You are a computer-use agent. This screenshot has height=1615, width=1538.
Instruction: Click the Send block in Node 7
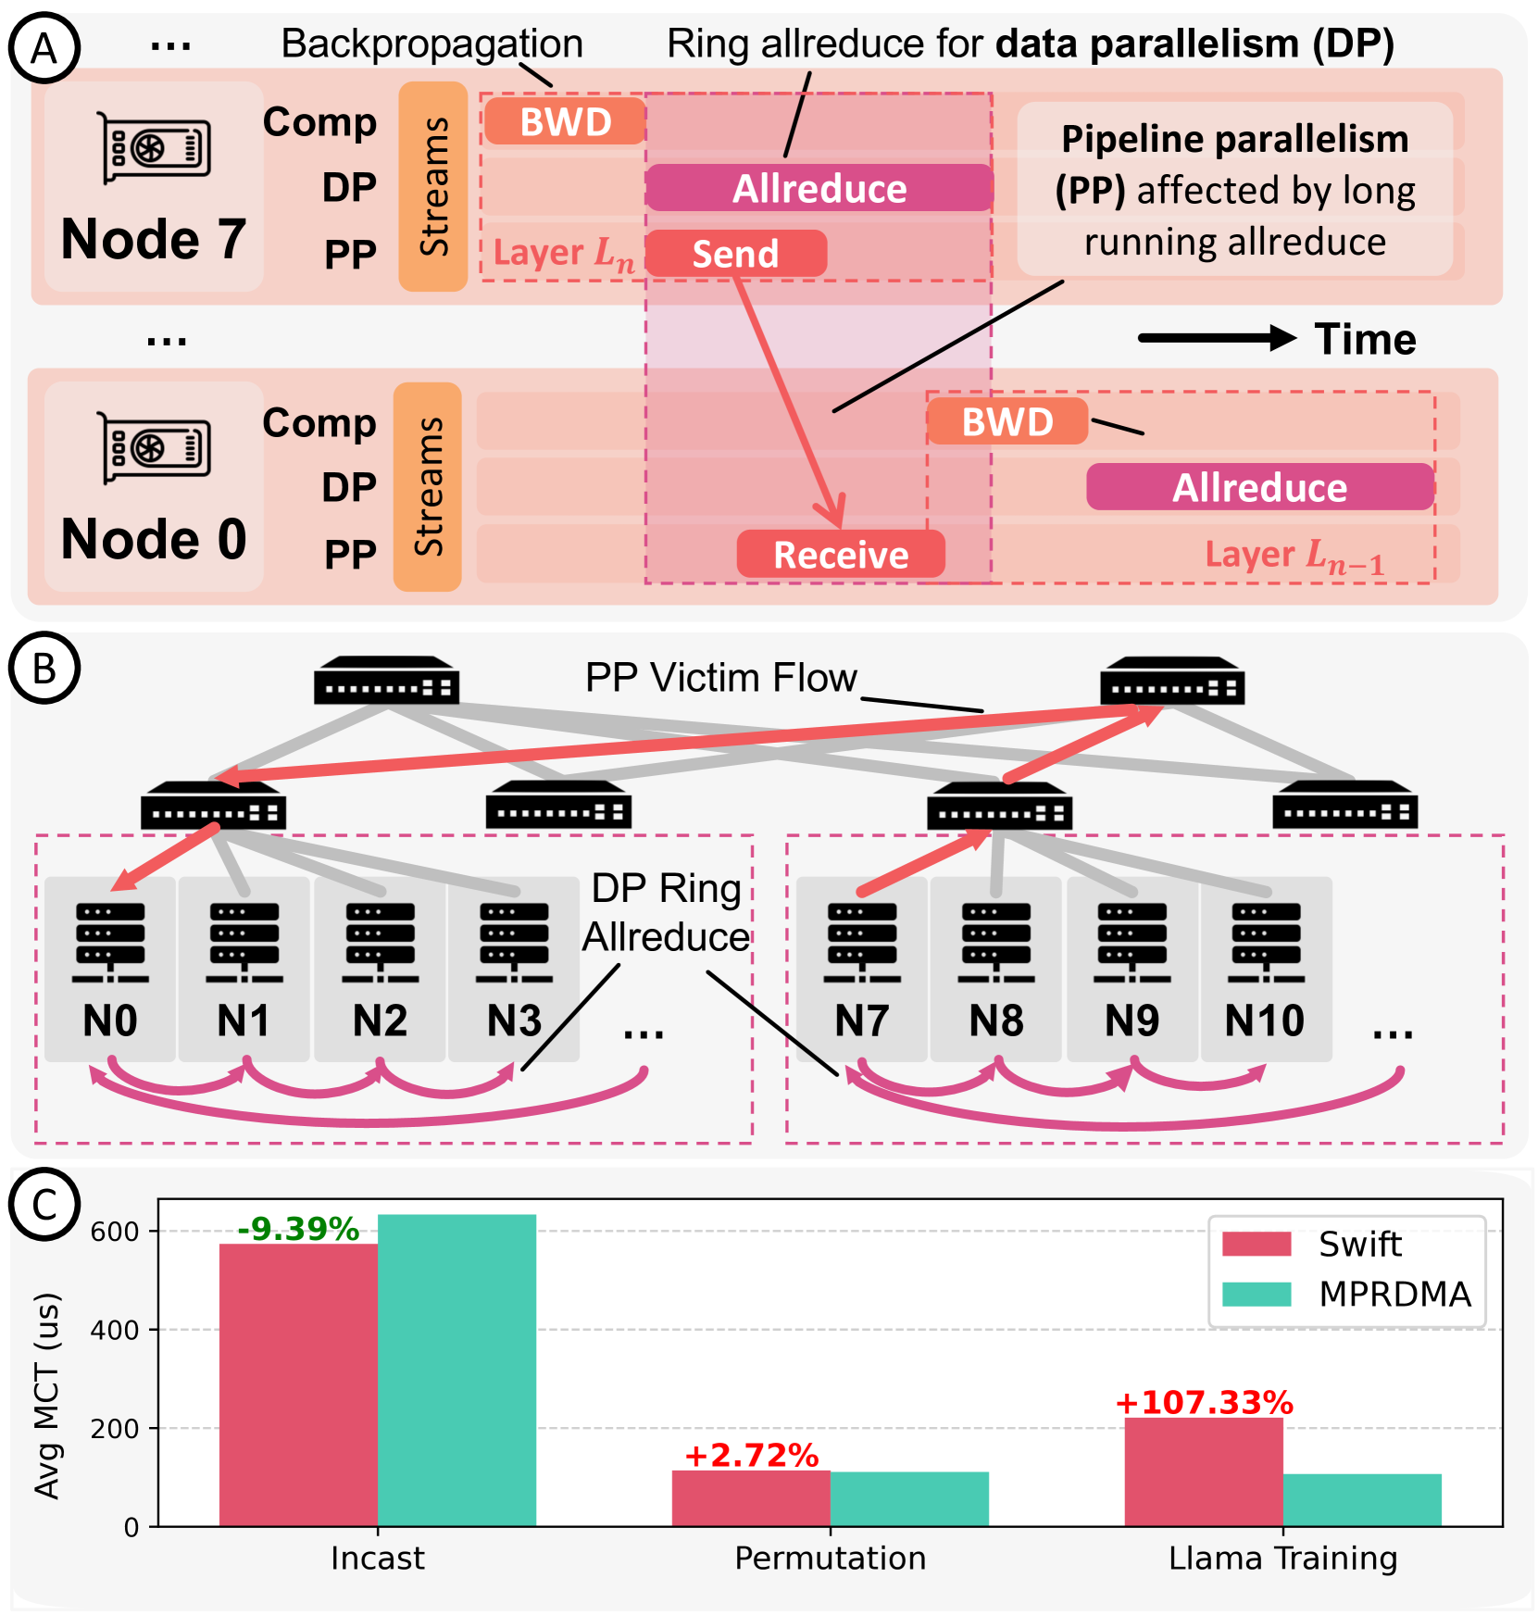coord(735,254)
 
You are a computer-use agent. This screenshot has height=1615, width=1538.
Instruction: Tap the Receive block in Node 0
coord(841,555)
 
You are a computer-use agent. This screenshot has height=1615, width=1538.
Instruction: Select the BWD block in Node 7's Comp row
coord(565,122)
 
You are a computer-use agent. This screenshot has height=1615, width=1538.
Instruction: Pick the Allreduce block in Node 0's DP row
coord(1259,487)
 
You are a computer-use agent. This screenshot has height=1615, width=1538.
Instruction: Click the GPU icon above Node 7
coord(155,148)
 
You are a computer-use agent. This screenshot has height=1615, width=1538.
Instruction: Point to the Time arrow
coord(1217,338)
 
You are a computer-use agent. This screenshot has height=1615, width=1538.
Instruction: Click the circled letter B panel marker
coord(44,668)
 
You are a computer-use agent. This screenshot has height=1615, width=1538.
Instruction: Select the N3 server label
coord(514,1021)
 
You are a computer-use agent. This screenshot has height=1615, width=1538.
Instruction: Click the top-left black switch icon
coord(386,681)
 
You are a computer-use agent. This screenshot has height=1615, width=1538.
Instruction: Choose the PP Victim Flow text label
coord(720,678)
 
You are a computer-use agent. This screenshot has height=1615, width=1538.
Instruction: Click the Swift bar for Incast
coord(298,1384)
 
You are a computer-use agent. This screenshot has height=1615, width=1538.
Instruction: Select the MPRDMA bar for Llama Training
coord(1362,1499)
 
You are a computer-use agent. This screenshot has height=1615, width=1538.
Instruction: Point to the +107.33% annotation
coord(1204,1402)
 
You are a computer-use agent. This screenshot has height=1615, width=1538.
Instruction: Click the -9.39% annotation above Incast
coord(298,1229)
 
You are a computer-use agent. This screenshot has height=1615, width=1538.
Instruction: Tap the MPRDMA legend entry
coord(1347,1294)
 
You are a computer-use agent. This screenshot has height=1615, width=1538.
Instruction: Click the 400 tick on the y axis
coord(115,1330)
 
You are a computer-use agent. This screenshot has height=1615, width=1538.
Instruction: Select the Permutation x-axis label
coord(830,1558)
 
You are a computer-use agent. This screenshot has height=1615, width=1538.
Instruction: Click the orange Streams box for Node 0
coord(428,487)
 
